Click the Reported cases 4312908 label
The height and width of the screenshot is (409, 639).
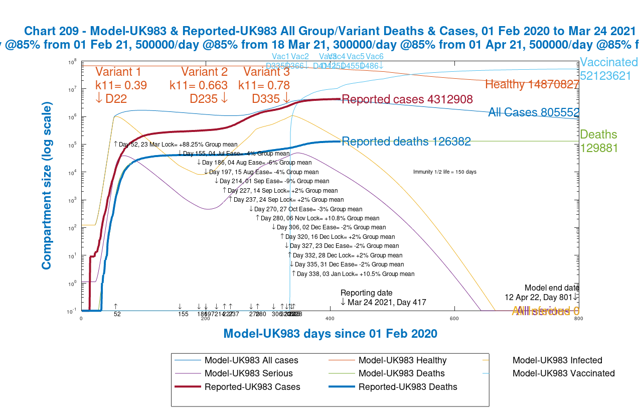[x=407, y=99]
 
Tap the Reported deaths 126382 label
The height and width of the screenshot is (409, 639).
[x=406, y=142]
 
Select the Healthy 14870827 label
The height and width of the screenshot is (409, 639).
[x=532, y=84]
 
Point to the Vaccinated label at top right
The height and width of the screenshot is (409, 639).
[x=609, y=62]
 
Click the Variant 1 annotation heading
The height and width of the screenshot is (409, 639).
[x=118, y=71]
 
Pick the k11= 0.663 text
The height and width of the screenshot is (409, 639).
[x=199, y=85]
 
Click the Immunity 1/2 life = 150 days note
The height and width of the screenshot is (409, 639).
[x=444, y=172]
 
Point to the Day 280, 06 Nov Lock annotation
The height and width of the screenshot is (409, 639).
[x=317, y=218]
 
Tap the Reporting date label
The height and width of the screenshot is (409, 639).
[x=367, y=293]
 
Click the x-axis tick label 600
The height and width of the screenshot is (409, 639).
[x=454, y=318]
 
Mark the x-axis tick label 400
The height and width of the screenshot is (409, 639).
[x=330, y=318]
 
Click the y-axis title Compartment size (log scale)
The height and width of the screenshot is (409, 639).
[x=47, y=185]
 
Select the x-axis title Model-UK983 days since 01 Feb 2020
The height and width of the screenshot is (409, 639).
[x=330, y=334]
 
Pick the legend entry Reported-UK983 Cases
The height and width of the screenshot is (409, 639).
[x=252, y=387]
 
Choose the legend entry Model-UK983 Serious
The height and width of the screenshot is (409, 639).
[x=248, y=373]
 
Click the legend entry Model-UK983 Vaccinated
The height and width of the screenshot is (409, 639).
[x=563, y=373]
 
